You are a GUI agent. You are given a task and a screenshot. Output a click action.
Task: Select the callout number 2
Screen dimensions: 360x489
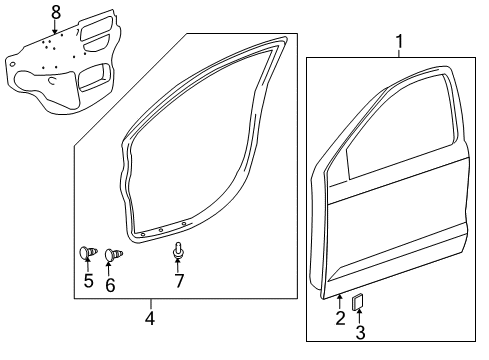pyautogui.click(x=340, y=318)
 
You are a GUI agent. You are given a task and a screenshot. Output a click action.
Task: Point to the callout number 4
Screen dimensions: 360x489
pyautogui.click(x=150, y=319)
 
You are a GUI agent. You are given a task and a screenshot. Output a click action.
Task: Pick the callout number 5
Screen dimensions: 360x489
pyautogui.click(x=88, y=283)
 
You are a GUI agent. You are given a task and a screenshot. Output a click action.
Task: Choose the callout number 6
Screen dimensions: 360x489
pyautogui.click(x=110, y=284)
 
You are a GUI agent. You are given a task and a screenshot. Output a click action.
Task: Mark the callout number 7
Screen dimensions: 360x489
pyautogui.click(x=180, y=281)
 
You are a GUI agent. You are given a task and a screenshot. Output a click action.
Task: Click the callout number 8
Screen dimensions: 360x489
pyautogui.click(x=56, y=12)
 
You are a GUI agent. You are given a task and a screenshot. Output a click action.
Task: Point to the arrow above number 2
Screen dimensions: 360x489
pyautogui.click(x=340, y=302)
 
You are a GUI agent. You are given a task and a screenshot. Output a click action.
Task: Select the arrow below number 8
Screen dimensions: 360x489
pyautogui.click(x=56, y=27)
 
